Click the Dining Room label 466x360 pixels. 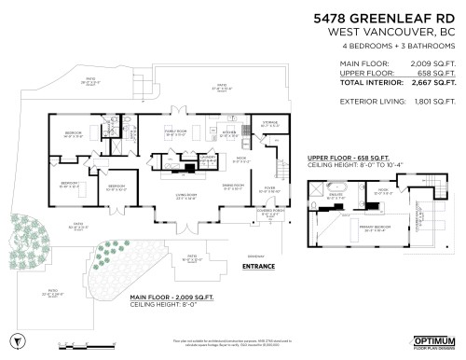233,186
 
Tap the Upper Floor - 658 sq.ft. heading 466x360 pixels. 346,159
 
